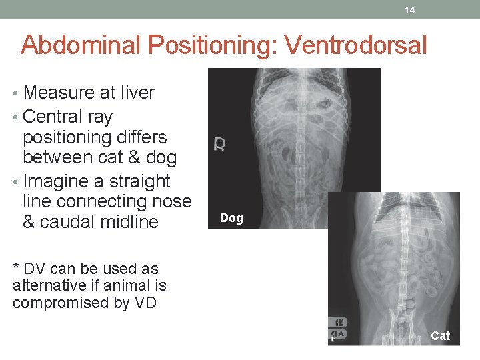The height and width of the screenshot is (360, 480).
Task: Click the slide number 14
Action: tap(409, 10)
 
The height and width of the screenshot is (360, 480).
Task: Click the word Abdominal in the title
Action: tap(82, 45)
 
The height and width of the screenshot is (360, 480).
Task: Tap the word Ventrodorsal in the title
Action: tap(355, 45)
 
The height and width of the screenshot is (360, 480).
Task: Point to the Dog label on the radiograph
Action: tap(231, 218)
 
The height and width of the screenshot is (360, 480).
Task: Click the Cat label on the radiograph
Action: tap(440, 336)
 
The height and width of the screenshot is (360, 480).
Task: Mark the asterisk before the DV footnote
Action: tap(16, 267)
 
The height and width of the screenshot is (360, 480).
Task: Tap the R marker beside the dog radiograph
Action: tap(219, 144)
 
